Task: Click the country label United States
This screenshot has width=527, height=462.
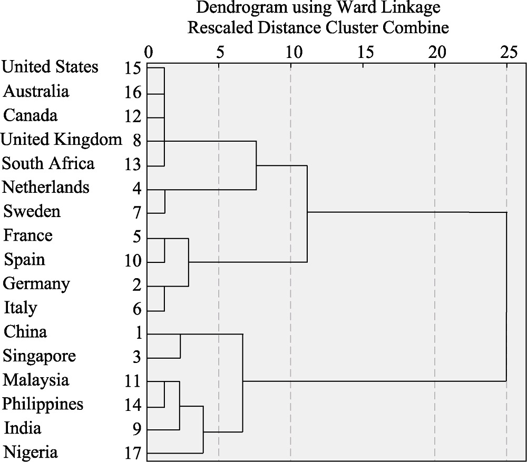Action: [x=50, y=67]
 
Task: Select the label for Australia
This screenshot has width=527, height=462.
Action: [x=36, y=91]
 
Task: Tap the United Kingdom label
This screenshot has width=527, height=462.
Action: [x=61, y=140]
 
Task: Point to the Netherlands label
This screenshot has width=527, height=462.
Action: [x=46, y=187]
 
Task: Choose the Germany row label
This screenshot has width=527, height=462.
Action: [x=36, y=284]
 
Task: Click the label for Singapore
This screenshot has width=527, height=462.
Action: [x=39, y=356]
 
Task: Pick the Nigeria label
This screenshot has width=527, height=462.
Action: [x=31, y=452]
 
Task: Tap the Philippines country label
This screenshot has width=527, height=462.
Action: [x=43, y=404]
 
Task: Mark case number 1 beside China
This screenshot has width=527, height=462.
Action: [x=137, y=332]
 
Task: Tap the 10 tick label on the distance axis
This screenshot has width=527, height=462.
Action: [x=291, y=52]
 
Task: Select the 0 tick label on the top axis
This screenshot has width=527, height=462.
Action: [x=148, y=52]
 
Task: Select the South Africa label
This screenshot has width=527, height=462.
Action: [x=48, y=163]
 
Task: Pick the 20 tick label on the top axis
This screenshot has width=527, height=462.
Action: [x=435, y=52]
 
